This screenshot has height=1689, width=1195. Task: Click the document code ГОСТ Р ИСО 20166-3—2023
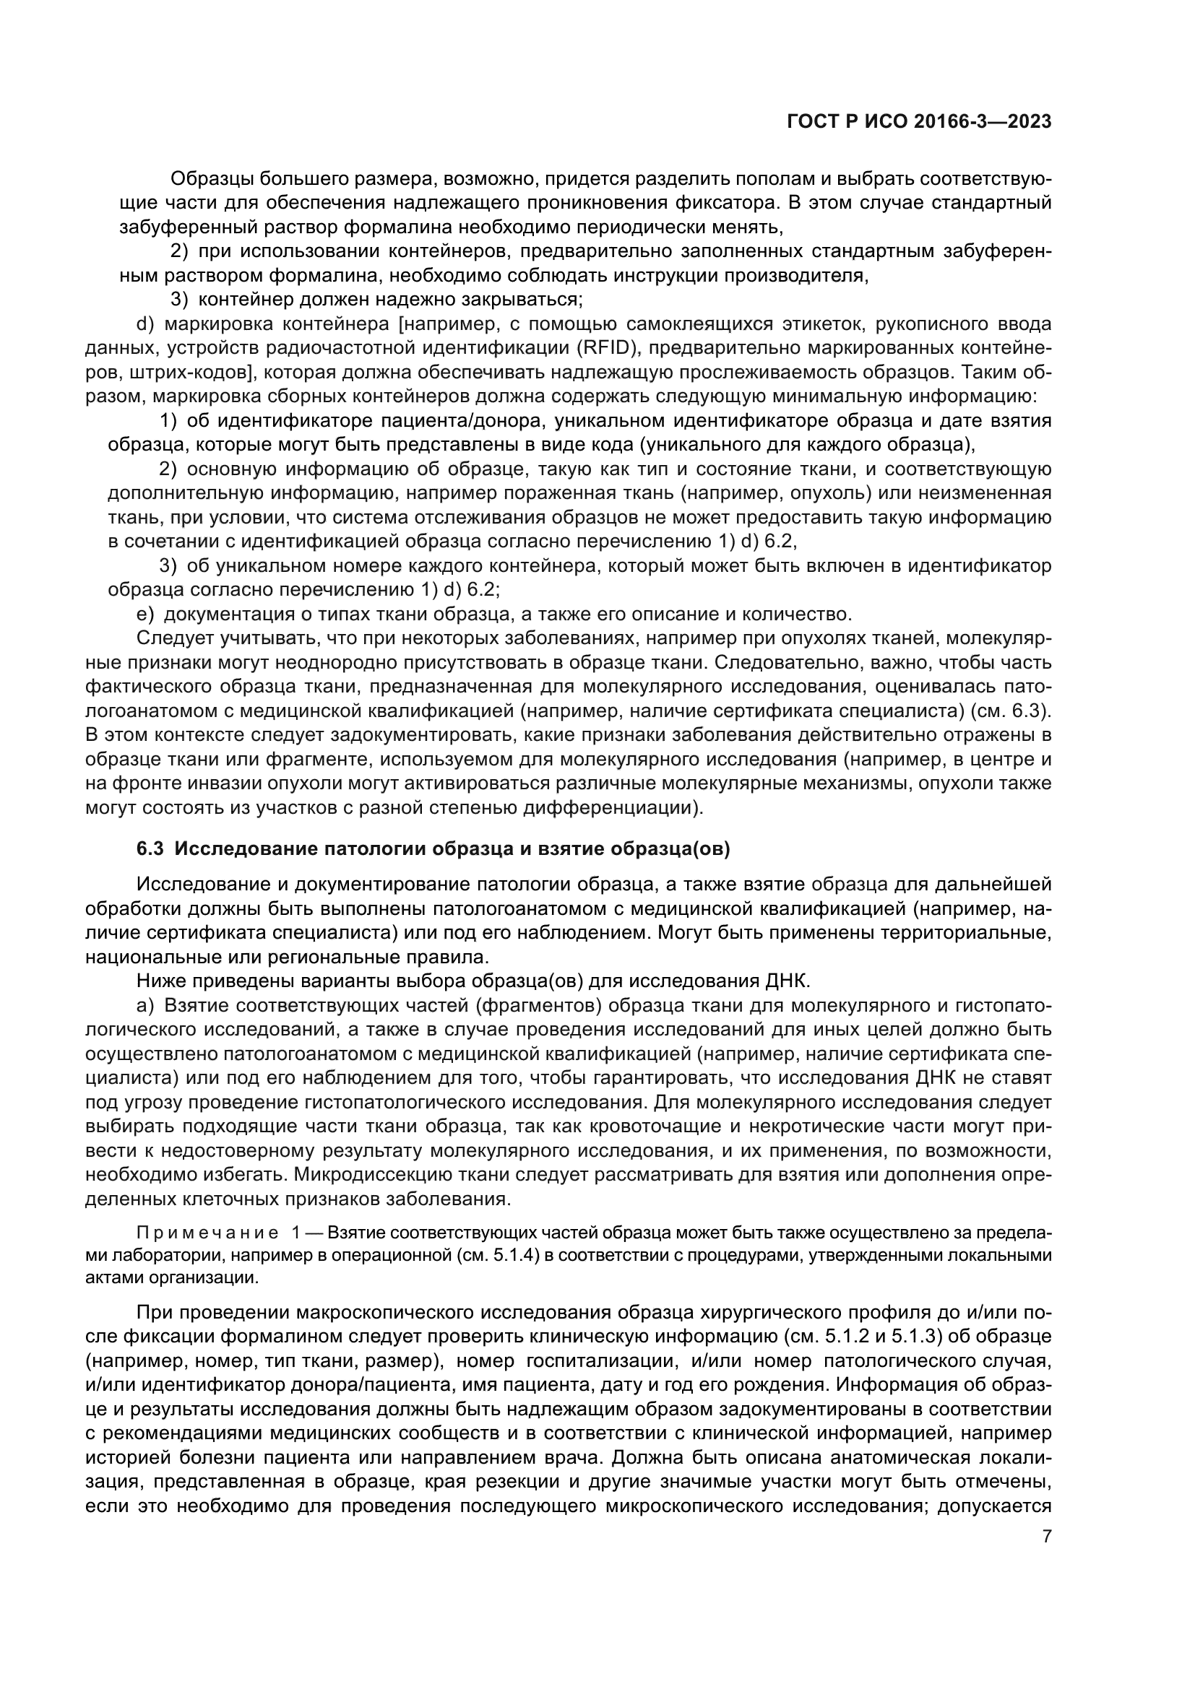[919, 122]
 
